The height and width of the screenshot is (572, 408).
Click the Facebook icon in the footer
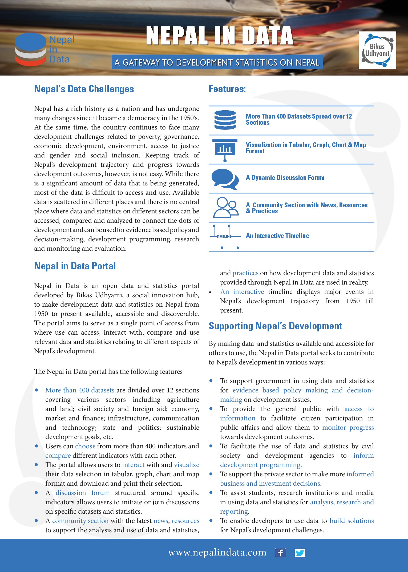[x=280, y=553]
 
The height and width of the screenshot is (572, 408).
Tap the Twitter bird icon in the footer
[x=300, y=553]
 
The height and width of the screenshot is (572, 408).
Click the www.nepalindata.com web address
[x=217, y=553]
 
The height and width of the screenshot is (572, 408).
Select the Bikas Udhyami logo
[x=377, y=50]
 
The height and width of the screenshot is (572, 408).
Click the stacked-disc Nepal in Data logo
[x=31, y=50]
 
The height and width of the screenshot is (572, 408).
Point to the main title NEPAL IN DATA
[x=220, y=36]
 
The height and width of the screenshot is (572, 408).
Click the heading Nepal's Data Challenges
[x=84, y=89]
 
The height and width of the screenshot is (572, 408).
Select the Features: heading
[x=227, y=89]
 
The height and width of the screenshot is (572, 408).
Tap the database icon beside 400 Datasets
[x=225, y=120]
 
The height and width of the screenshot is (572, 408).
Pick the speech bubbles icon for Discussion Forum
[x=225, y=179]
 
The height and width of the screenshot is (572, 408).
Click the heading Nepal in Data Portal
[x=75, y=266]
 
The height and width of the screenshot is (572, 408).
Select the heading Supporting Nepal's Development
[x=275, y=326]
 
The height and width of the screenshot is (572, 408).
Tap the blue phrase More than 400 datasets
[x=80, y=390]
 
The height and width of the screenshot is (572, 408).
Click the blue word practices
[x=245, y=273]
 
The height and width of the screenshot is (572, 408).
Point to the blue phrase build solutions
[x=352, y=521]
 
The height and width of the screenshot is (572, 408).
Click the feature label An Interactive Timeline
[x=277, y=236]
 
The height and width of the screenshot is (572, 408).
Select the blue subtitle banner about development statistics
[x=217, y=62]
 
